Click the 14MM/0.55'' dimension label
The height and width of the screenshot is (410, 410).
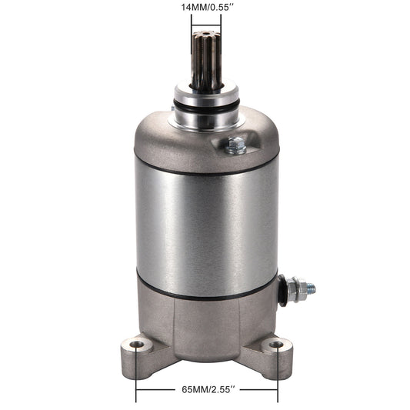[x=207, y=8]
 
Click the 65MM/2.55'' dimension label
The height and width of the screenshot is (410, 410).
[x=207, y=390]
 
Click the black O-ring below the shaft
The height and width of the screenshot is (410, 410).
[x=206, y=107]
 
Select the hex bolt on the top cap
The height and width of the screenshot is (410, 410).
[x=235, y=145]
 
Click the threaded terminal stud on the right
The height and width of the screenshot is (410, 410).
[x=312, y=288]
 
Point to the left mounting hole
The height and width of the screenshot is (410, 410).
[x=137, y=344]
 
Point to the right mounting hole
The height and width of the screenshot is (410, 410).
[x=276, y=344]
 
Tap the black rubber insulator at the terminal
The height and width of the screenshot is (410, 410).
[x=282, y=290]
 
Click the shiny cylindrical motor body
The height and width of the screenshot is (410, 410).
[x=207, y=225]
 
